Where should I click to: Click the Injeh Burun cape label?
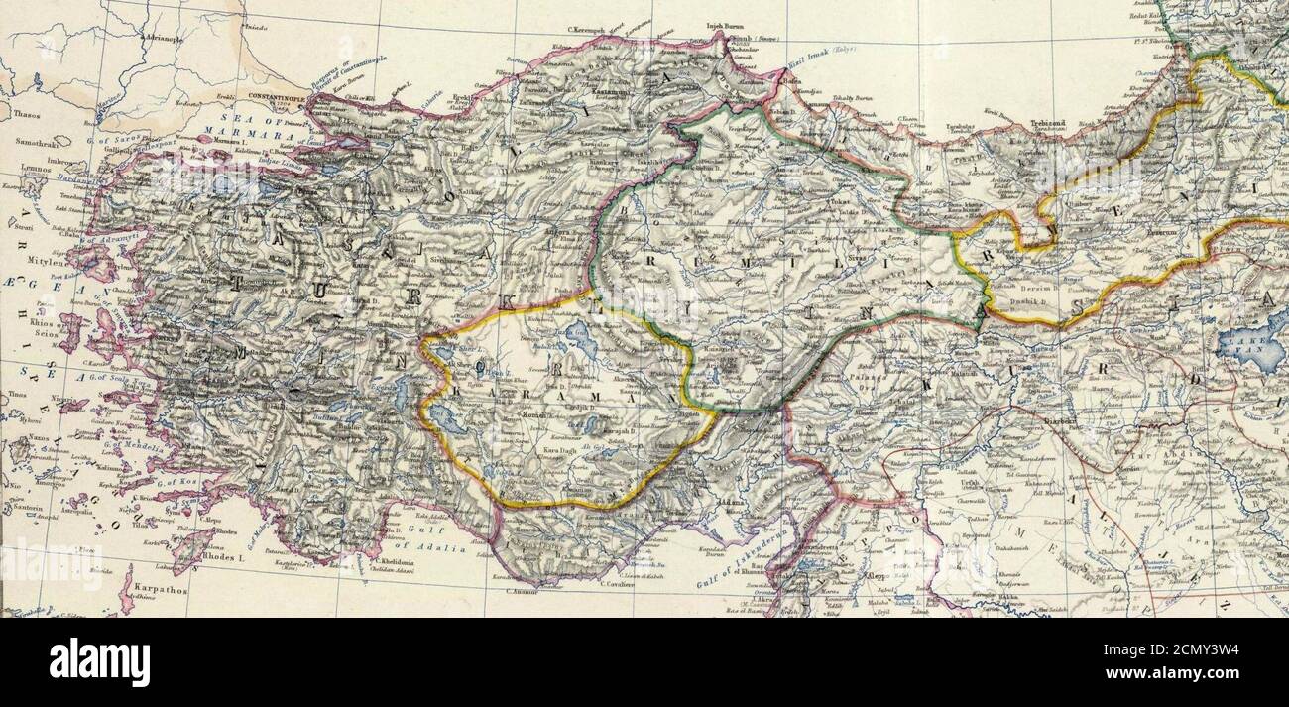724,27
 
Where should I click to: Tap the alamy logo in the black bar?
99,662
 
